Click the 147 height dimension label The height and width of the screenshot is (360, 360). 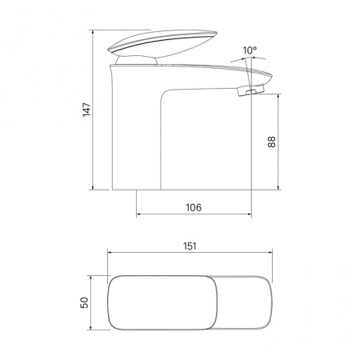coord(86,110)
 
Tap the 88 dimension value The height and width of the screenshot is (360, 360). coord(271,142)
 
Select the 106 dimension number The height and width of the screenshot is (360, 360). coord(194,207)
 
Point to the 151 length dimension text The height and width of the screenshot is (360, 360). coord(190,246)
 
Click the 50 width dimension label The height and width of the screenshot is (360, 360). coord(84,302)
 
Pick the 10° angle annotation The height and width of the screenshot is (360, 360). coord(250,50)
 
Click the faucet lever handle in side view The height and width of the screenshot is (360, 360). coord(162,43)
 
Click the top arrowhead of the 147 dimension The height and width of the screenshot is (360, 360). coord(93,33)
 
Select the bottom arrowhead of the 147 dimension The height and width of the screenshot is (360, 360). coord(93,187)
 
